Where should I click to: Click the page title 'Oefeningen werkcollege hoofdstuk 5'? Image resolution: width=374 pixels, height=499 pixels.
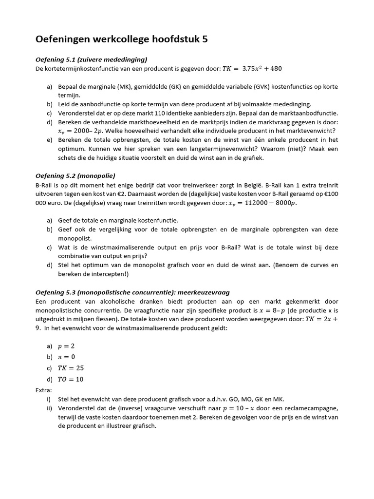pos(122,39)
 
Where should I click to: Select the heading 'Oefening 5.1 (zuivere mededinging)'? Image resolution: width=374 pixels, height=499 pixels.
pos(91,59)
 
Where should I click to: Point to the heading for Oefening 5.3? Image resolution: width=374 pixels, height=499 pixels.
pos(132,292)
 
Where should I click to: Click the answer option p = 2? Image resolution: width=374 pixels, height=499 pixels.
pos(66,346)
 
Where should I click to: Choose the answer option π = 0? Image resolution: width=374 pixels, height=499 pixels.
pos(67,357)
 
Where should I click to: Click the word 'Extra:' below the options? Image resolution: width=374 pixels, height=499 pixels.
pos(44,390)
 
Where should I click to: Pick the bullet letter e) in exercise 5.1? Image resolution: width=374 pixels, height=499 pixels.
pos(50,140)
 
